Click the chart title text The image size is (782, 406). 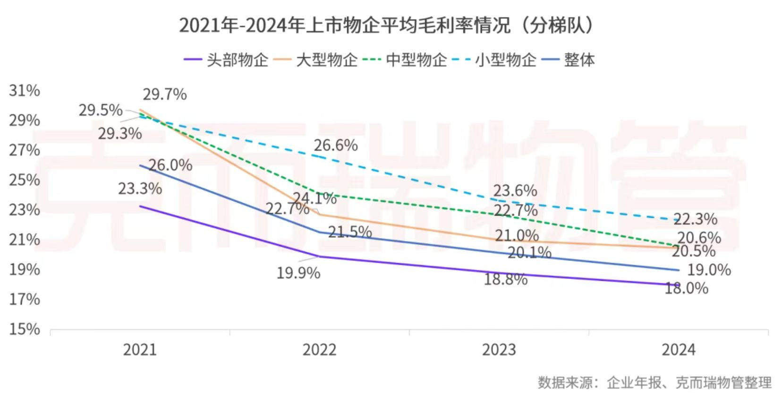click(x=386, y=26)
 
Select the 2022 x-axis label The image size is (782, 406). click(x=319, y=350)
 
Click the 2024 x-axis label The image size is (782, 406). click(x=678, y=350)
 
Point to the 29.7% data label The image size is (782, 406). click(x=165, y=95)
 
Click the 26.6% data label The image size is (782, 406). click(x=336, y=145)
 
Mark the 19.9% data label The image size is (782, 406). click(x=298, y=273)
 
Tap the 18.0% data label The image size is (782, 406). click(x=686, y=288)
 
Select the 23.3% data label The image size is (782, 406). click(x=140, y=189)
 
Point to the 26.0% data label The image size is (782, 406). click(x=170, y=165)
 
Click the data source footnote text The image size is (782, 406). click(x=654, y=382)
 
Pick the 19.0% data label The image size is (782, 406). click(x=709, y=270)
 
